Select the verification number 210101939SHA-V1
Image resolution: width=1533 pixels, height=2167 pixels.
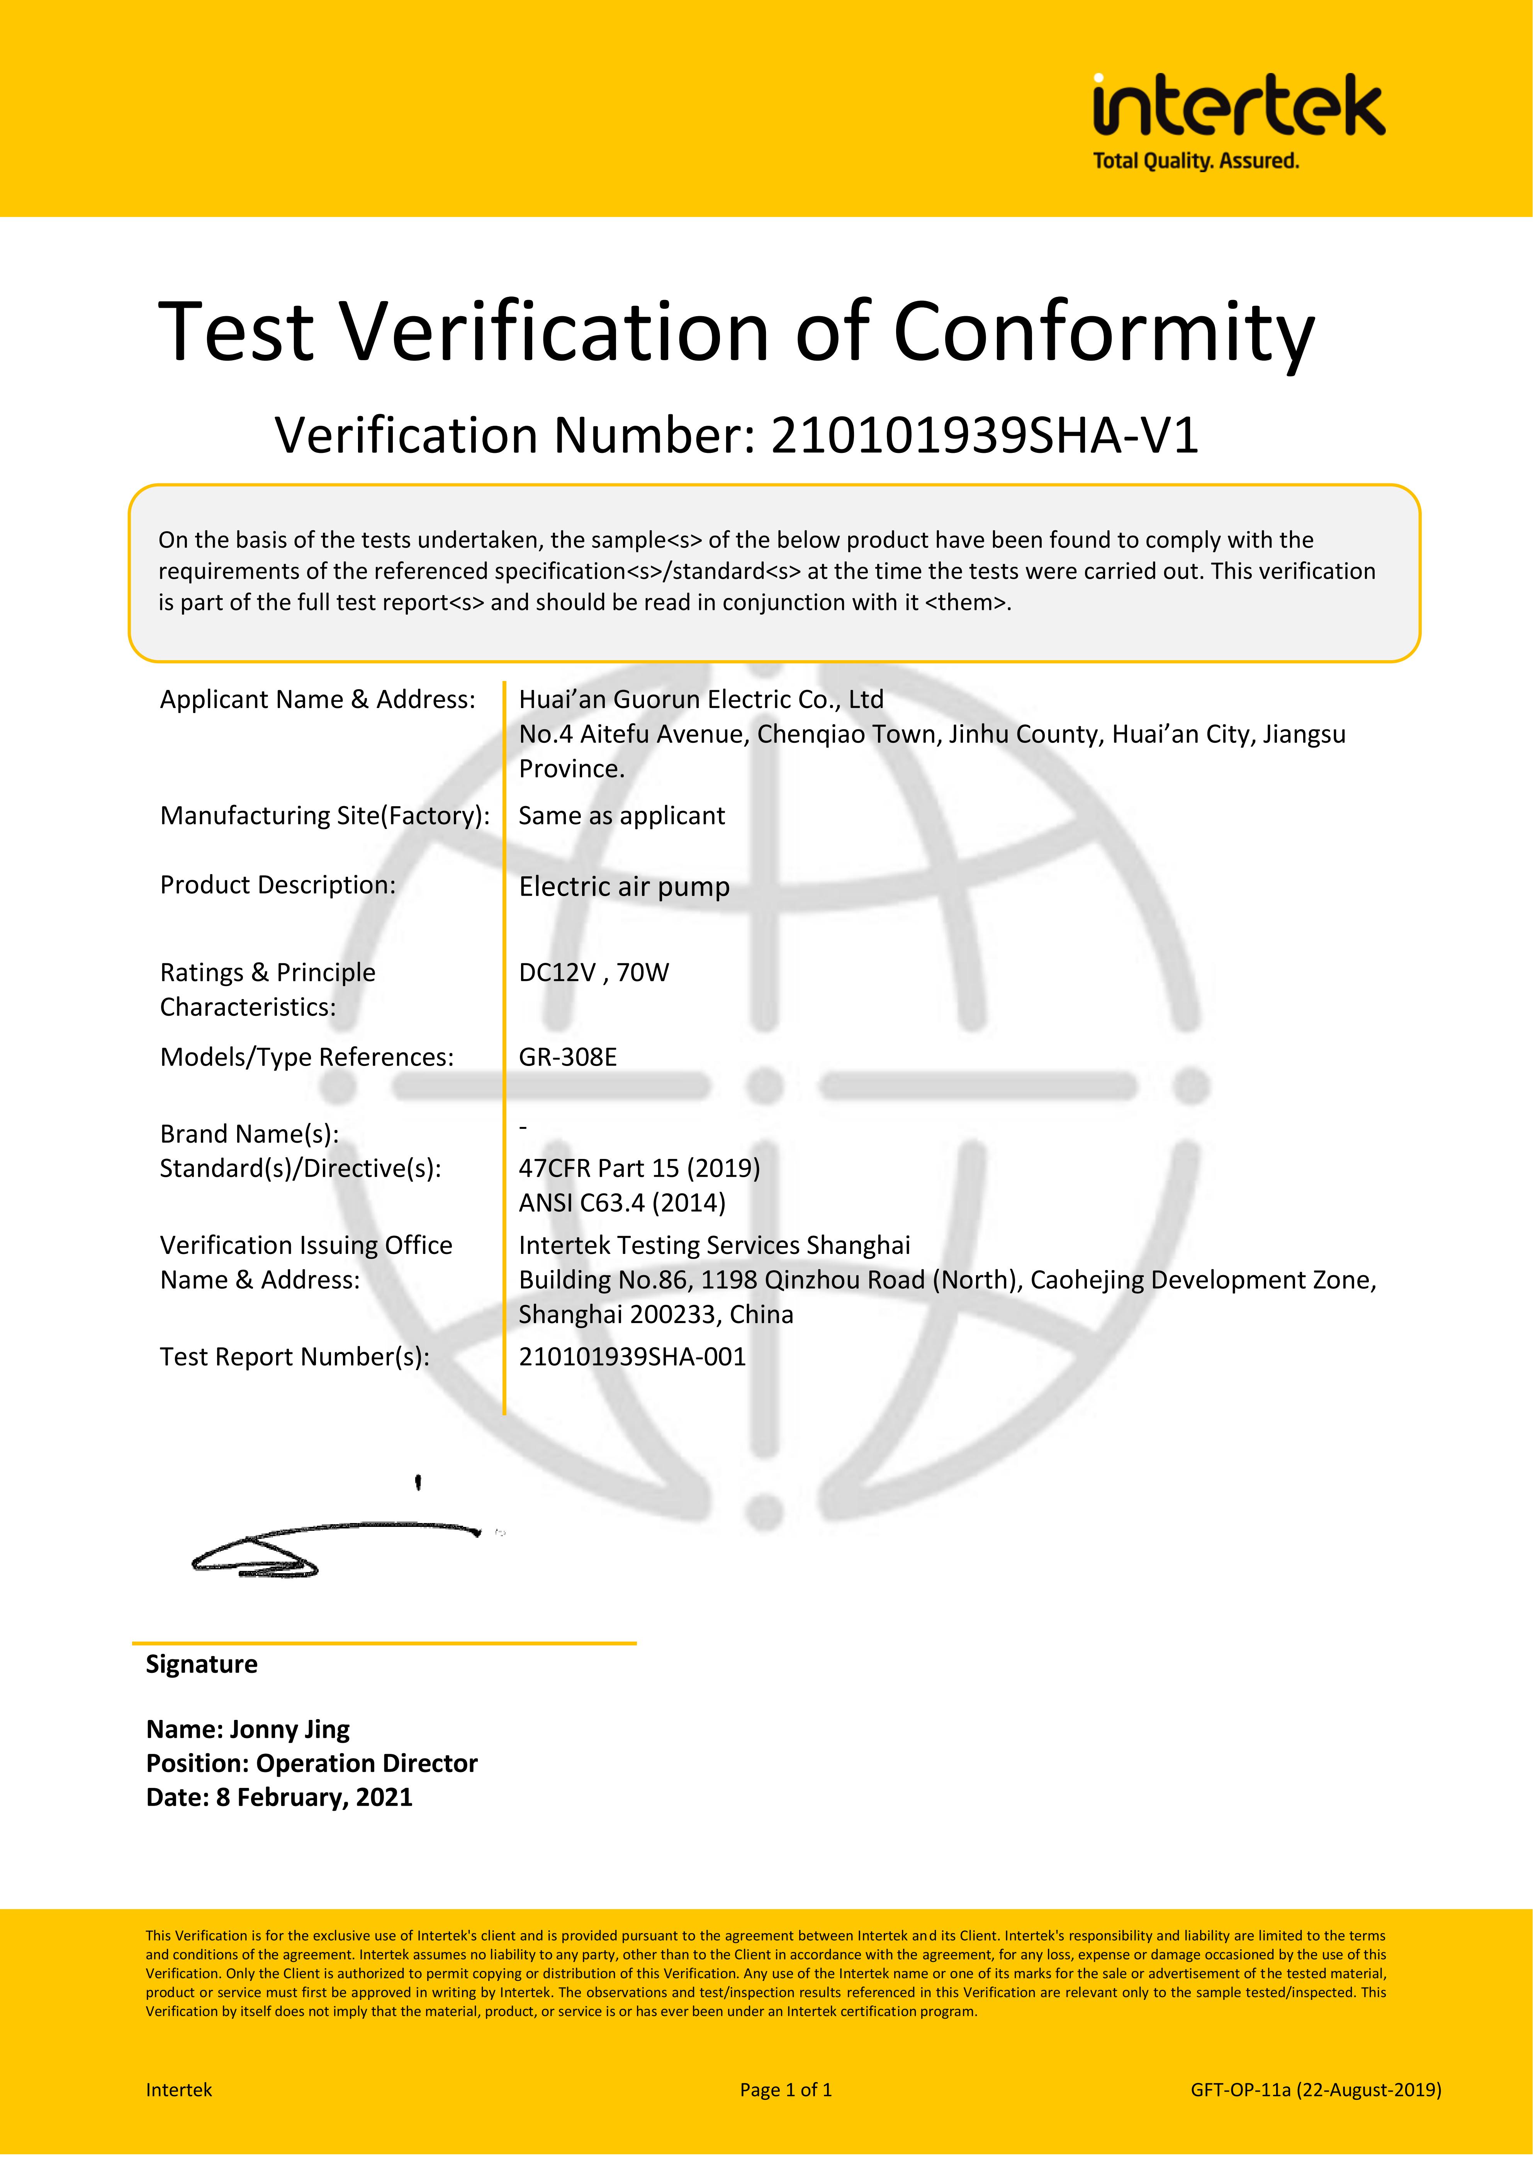[985, 436]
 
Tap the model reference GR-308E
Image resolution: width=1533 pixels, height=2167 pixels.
[567, 1057]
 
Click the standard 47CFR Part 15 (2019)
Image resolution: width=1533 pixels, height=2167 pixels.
[639, 1169]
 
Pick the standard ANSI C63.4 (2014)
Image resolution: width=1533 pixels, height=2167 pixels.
[622, 1203]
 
